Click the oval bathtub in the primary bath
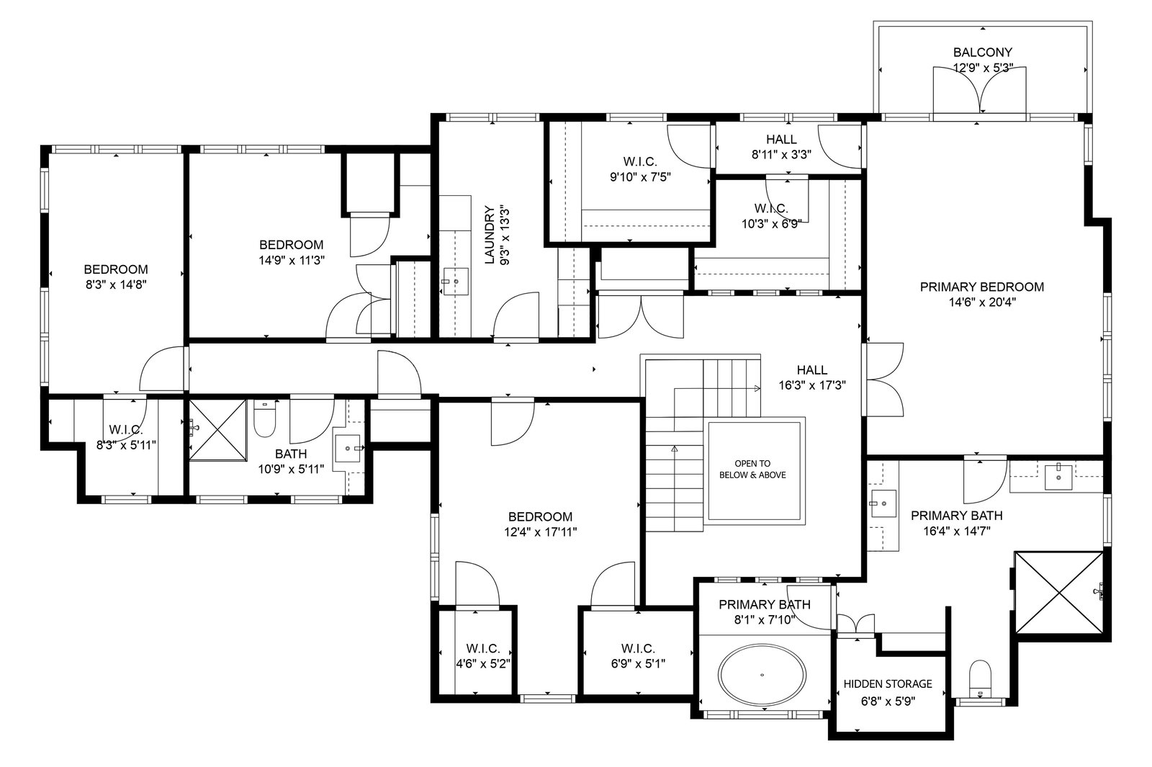coord(762,675)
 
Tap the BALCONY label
coord(982,53)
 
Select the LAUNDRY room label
coord(489,235)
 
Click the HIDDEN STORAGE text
coord(888,684)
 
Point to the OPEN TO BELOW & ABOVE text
coord(752,469)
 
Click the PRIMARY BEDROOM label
coord(982,287)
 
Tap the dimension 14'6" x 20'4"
coord(982,302)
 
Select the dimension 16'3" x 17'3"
coord(811,385)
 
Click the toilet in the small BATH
coord(265,418)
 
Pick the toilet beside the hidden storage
coord(980,678)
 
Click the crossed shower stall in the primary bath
coord(1059,593)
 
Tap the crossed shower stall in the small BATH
coord(218,430)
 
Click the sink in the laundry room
coord(455,282)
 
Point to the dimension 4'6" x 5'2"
coord(483,664)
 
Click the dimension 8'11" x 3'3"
coord(781,155)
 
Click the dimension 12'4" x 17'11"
coord(540,532)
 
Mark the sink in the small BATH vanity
coord(348,449)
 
